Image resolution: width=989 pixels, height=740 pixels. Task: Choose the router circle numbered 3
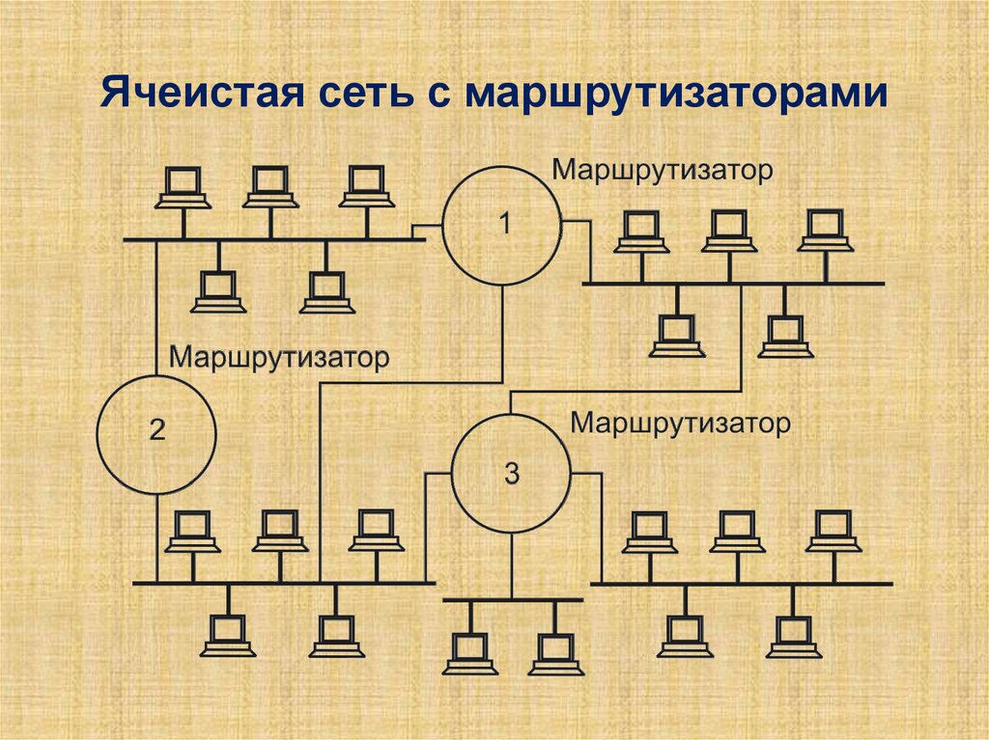click(512, 473)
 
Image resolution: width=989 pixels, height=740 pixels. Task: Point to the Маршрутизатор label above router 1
click(663, 171)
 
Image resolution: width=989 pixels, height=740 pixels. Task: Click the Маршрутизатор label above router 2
click(280, 357)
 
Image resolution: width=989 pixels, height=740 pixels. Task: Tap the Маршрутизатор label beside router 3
click(681, 423)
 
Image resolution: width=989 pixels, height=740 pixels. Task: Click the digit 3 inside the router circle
click(512, 473)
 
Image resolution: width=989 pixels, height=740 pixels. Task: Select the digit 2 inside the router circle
click(156, 432)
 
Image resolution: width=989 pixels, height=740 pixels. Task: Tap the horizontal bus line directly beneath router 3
click(513, 600)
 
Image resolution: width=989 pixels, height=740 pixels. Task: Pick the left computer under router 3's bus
click(469, 653)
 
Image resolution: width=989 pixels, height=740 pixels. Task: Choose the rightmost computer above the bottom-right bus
click(834, 532)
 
